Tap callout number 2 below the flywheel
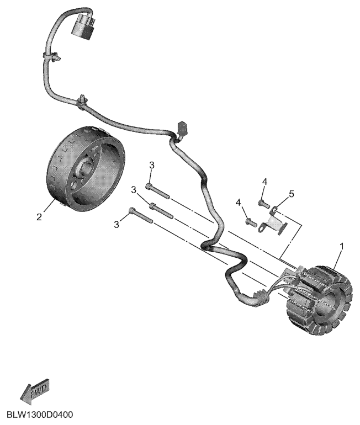point(39,217)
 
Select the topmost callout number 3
point(152,165)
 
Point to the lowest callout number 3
point(117,223)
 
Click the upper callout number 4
point(264,182)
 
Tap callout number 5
point(292,194)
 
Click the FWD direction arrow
point(35,391)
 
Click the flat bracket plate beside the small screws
point(272,224)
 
